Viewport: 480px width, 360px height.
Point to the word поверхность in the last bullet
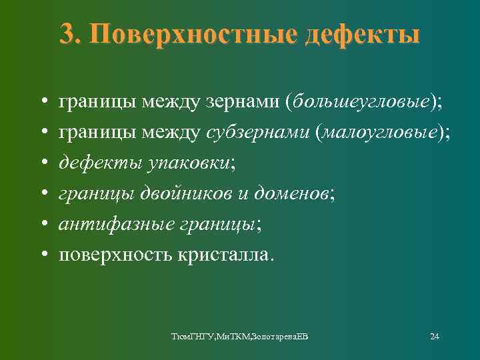(x=114, y=254)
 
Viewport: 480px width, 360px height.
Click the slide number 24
(x=434, y=335)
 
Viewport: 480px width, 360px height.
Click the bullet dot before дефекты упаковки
(x=42, y=163)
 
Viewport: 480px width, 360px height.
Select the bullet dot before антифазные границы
(x=42, y=225)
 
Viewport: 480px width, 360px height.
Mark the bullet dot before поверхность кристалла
(x=42, y=255)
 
